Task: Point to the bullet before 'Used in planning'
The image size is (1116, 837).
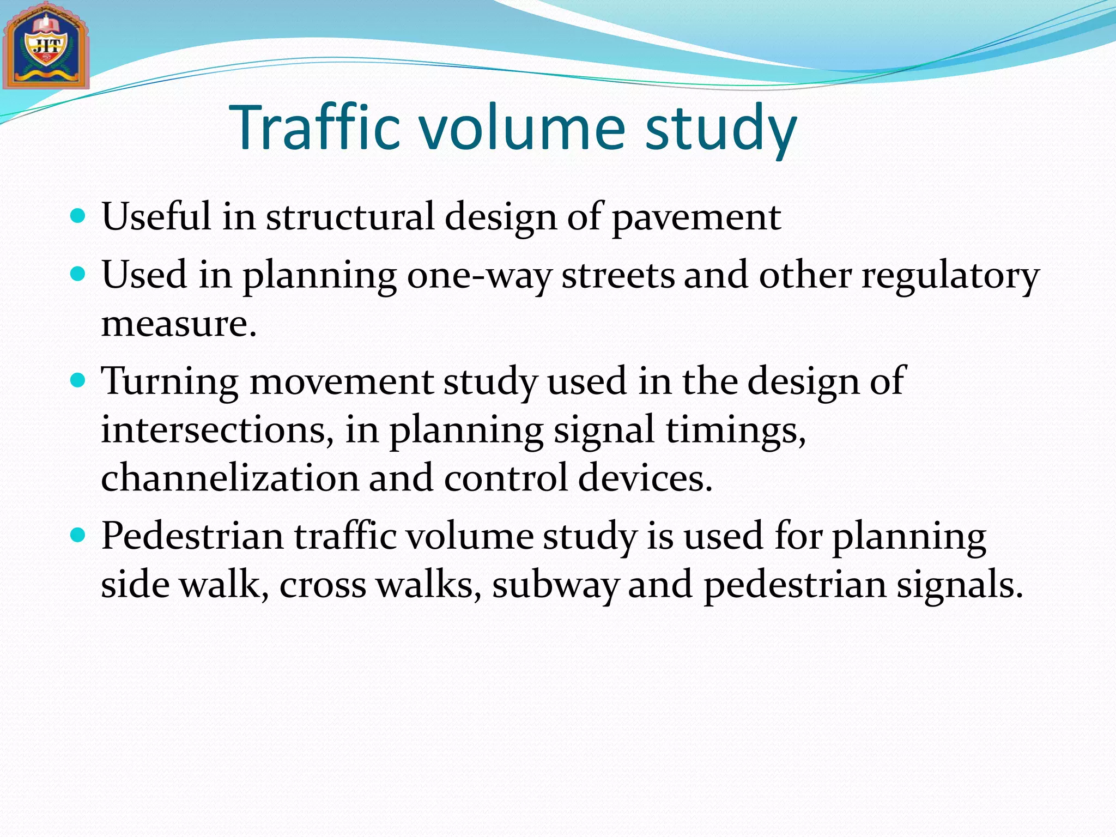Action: tap(78, 274)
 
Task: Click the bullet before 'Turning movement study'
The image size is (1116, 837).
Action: tap(78, 380)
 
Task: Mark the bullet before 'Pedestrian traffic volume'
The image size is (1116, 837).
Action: tap(78, 535)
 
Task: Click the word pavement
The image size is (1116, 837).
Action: tap(696, 217)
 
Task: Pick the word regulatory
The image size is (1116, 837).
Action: tap(950, 275)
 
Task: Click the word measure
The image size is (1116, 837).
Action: tap(178, 324)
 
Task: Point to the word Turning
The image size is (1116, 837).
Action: tap(170, 381)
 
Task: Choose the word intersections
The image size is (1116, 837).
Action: tap(217, 429)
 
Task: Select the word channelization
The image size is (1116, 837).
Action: tap(229, 478)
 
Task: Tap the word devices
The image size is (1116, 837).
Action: tap(645, 478)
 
